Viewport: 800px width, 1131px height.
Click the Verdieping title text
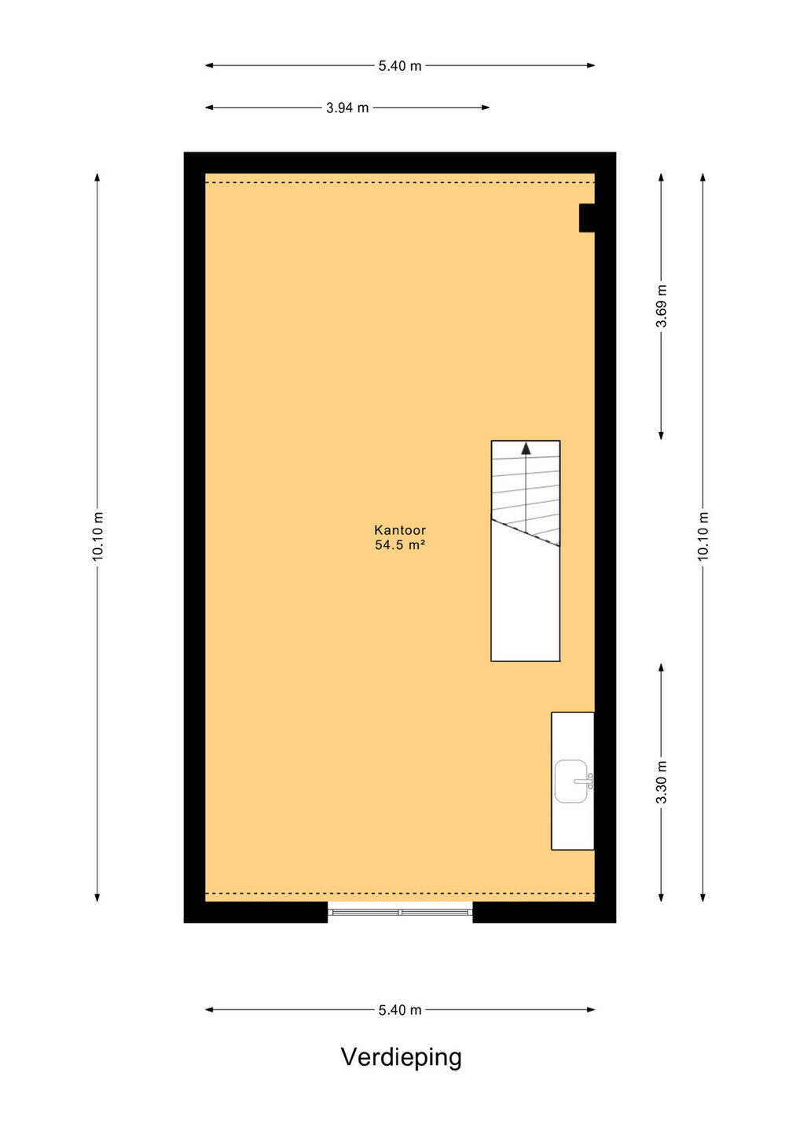[x=401, y=1057]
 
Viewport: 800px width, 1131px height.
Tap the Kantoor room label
[x=400, y=530]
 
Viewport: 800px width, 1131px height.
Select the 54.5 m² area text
[x=400, y=545]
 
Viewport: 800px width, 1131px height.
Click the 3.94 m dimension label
[x=347, y=108]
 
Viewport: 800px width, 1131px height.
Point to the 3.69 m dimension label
[x=661, y=306]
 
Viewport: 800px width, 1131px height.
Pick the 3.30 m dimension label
[x=661, y=781]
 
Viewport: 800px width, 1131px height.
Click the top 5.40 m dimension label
[x=400, y=66]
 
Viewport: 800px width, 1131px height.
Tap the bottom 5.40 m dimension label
[x=400, y=1010]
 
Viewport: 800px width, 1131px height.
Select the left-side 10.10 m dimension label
[x=97, y=536]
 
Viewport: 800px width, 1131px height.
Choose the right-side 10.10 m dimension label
[x=703, y=536]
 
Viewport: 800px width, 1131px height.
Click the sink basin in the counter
[x=571, y=781]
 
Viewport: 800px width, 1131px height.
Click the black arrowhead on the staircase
[x=526, y=448]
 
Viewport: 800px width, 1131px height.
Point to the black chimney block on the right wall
[x=587, y=218]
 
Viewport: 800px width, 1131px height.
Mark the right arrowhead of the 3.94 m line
[x=486, y=108]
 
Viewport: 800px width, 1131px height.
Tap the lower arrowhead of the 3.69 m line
[x=661, y=435]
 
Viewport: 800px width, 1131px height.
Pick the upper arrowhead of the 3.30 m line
[x=661, y=668]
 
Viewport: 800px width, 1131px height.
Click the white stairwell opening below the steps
[x=525, y=606]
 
